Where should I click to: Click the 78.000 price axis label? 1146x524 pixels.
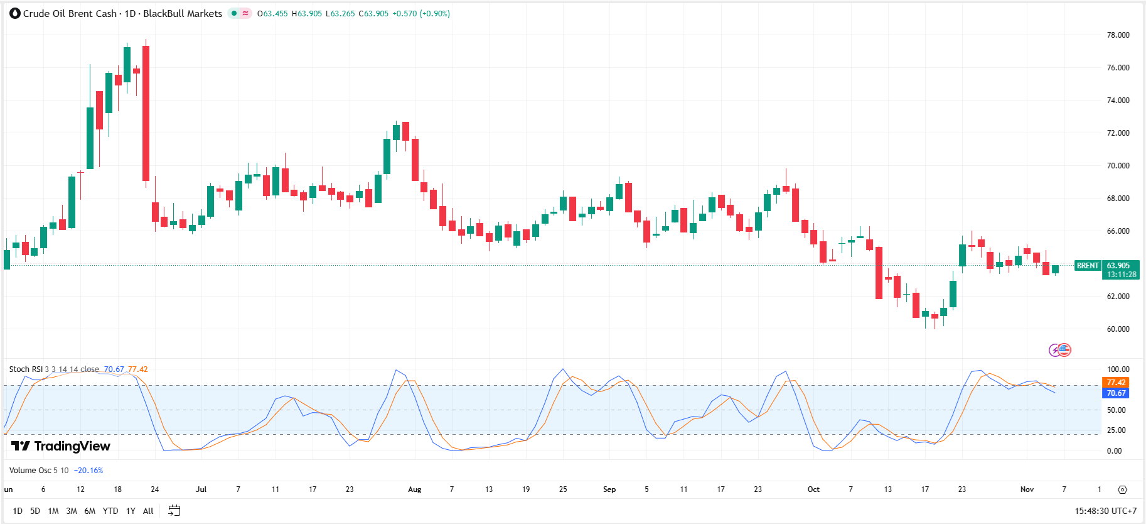coord(1118,35)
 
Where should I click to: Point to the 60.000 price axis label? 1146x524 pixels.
coord(1118,329)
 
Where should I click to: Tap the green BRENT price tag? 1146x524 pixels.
coord(1088,266)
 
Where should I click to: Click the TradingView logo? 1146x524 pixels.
coord(61,446)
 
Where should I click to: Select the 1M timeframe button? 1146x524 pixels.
coord(53,511)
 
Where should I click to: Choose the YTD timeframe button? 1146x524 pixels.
coord(110,511)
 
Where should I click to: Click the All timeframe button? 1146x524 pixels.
coord(148,511)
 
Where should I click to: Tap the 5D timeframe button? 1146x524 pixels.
coord(35,511)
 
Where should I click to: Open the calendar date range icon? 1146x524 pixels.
coord(174,511)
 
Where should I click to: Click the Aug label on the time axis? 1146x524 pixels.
coord(415,489)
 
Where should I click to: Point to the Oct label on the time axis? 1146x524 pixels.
coord(813,489)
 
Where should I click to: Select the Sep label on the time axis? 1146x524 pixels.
coord(609,489)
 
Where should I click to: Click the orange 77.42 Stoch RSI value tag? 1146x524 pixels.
coord(1116,383)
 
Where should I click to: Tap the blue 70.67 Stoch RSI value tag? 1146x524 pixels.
coord(1116,393)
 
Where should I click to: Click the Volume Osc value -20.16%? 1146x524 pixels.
coord(88,471)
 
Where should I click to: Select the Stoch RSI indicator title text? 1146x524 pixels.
coord(26,369)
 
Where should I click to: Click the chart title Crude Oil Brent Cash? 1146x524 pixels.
coord(70,14)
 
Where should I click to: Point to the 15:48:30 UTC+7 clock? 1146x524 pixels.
coord(1105,511)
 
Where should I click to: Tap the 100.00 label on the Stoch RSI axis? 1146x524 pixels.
coord(1118,369)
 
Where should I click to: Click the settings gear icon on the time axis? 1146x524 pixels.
coord(1123,489)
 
